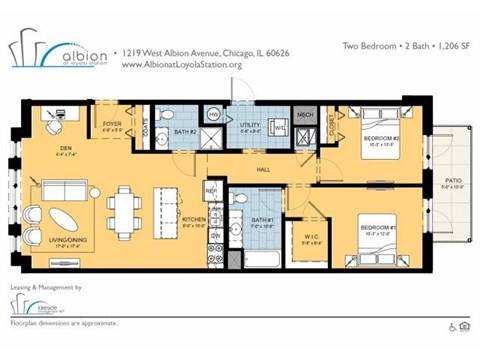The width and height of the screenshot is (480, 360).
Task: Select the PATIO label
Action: (x=452, y=182)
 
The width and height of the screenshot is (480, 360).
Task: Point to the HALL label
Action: (x=263, y=169)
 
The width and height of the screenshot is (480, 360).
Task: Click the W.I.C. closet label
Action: (x=297, y=238)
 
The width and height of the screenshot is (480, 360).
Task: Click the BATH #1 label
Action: (x=262, y=222)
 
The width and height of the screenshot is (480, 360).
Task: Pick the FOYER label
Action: (x=112, y=126)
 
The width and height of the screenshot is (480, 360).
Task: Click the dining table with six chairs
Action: (x=125, y=212)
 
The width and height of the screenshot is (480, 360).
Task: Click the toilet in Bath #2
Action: (x=166, y=114)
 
